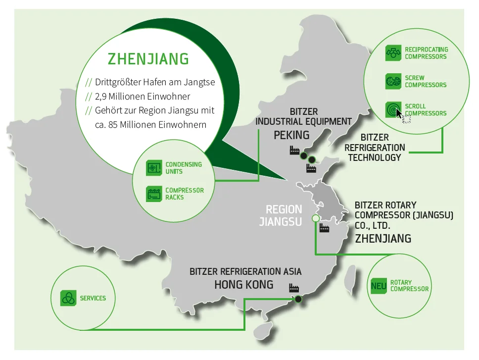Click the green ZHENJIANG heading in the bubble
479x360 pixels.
click(148, 59)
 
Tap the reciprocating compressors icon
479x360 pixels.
click(393, 53)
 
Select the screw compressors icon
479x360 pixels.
click(393, 81)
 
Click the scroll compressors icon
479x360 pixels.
click(393, 109)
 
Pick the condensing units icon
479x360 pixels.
click(154, 168)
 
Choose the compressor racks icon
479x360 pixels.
click(154, 194)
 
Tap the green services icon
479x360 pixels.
click(68, 298)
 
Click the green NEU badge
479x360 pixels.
click(379, 286)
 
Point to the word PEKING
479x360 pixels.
click(291, 135)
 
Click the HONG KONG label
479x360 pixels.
click(244, 285)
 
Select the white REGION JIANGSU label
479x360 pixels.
click(281, 215)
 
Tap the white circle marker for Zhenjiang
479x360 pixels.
click(316, 218)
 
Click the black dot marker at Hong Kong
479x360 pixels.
click(298, 299)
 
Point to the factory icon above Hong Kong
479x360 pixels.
click(294, 288)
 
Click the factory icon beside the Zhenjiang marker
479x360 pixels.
click(324, 228)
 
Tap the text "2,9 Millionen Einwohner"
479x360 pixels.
click(143, 97)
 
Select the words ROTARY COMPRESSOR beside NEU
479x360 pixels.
click(409, 285)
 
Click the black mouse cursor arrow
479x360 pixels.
click(399, 113)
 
